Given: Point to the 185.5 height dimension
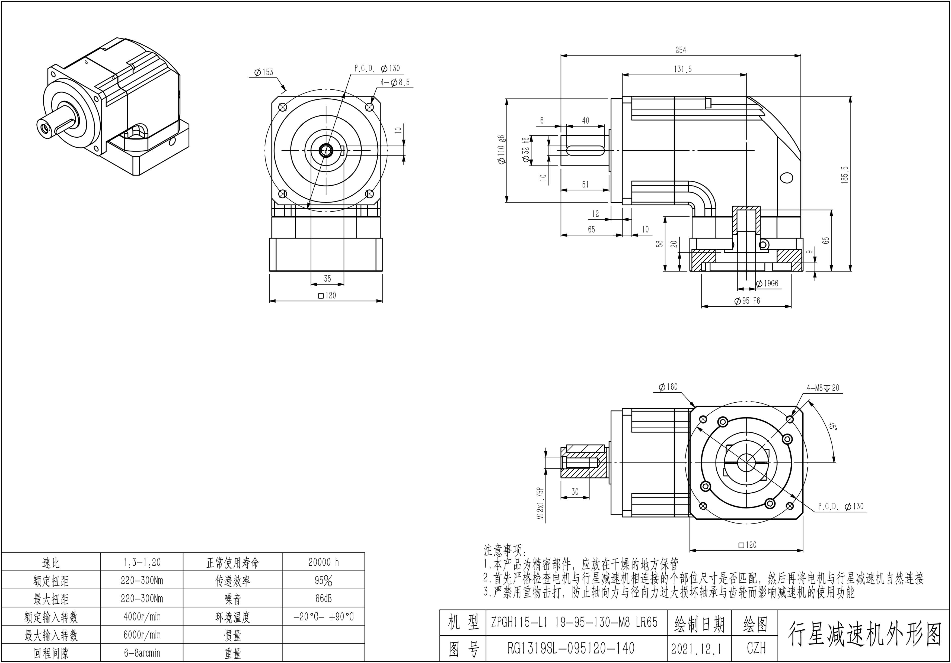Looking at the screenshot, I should (845, 175).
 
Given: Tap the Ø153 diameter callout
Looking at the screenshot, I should (264, 72).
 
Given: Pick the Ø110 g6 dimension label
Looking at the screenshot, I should (501, 150).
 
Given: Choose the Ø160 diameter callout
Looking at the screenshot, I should (668, 387).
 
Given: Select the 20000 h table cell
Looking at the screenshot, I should (324, 562).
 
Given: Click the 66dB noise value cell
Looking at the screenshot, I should (324, 599).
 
